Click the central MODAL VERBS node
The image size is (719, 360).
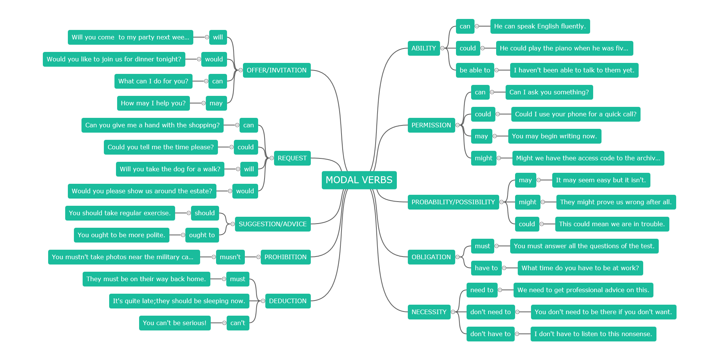pyautogui.click(x=359, y=180)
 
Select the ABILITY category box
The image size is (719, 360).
pyautogui.click(x=424, y=48)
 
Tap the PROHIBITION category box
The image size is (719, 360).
pyautogui.click(x=285, y=257)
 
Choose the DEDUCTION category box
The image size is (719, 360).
pyautogui.click(x=288, y=301)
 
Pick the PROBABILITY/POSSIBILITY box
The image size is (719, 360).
pyautogui.click(x=453, y=202)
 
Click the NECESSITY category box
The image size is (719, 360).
pyautogui.click(x=429, y=312)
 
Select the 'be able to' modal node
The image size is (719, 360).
pyautogui.click(x=475, y=70)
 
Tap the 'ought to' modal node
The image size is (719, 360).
pyautogui.click(x=202, y=235)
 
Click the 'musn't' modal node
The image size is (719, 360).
pyautogui.click(x=230, y=257)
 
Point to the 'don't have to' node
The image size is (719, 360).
pyautogui.click(x=490, y=334)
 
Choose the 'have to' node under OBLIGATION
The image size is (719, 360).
pyautogui.click(x=486, y=268)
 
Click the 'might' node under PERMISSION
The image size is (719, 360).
pyautogui.click(x=484, y=158)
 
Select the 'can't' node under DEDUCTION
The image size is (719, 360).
pyautogui.click(x=238, y=323)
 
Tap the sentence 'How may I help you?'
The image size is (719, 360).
pyautogui.click(x=153, y=103)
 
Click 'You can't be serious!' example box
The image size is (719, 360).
pyautogui.click(x=175, y=323)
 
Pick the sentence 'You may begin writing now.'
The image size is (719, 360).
pyautogui.click(x=555, y=136)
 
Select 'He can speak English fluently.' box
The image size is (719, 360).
pyautogui.click(x=540, y=26)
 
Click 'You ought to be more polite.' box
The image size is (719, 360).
pyautogui.click(x=122, y=235)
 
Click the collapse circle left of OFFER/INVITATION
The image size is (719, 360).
pyautogui.click(x=241, y=70)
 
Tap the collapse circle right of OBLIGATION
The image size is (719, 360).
pyautogui.click(x=457, y=257)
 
